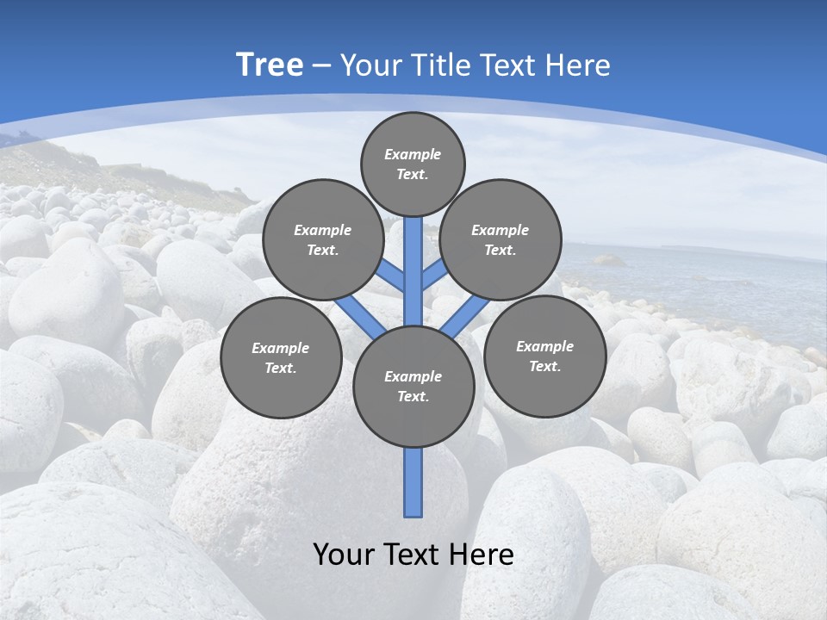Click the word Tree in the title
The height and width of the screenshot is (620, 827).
click(270, 65)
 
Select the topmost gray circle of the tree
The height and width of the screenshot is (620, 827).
click(413, 164)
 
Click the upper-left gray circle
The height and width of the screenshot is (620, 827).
click(322, 239)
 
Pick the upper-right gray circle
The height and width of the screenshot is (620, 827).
click(500, 239)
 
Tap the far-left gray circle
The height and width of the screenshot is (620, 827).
click(281, 357)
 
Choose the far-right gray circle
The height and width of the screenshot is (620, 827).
click(544, 356)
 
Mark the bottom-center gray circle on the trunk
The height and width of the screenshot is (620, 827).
click(413, 386)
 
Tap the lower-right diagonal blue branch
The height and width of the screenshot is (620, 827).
click(465, 317)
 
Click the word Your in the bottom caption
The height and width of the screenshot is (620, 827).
click(344, 555)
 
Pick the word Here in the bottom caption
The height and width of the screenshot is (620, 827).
click(485, 555)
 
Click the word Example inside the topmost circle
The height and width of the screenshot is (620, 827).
click(413, 154)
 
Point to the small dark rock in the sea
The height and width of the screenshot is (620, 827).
click(607, 259)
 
